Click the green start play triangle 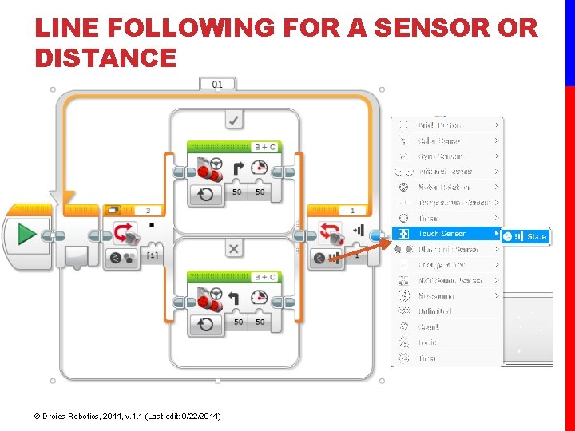(26, 235)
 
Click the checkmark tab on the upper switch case (234, 119)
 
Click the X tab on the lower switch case (233, 249)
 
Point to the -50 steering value (236, 322)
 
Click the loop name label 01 (217, 84)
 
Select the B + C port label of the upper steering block (264, 147)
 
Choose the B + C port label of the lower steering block (264, 277)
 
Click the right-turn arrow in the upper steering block (238, 168)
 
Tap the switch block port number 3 (149, 211)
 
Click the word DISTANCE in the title (105, 58)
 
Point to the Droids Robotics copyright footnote (128, 416)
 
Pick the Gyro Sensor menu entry (440, 156)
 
